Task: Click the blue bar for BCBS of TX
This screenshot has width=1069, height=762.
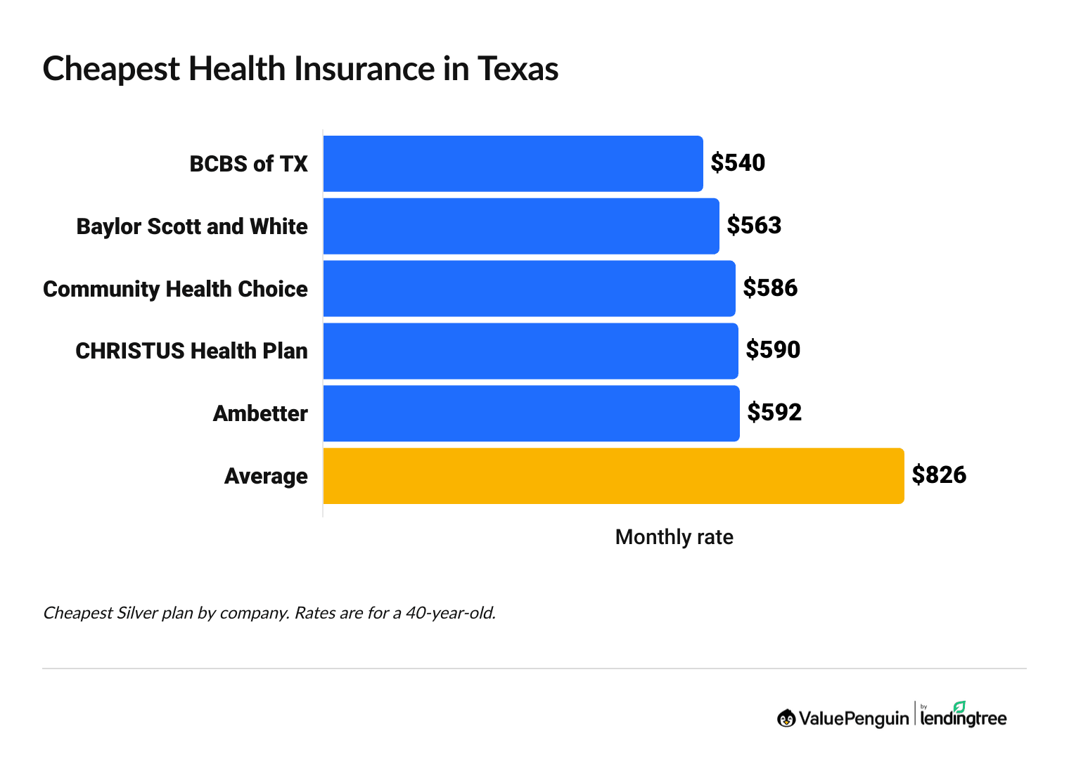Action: click(513, 164)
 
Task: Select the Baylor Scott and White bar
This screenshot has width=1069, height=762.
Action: click(521, 226)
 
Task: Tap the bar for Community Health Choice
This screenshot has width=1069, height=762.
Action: click(529, 288)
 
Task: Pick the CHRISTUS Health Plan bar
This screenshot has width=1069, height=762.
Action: click(530, 351)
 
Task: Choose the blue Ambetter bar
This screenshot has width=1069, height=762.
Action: click(531, 413)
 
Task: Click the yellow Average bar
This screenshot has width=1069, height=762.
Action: click(613, 476)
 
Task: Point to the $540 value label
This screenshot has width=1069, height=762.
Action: click(738, 163)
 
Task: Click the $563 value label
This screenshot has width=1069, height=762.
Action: click(754, 226)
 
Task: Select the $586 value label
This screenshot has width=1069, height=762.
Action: click(770, 288)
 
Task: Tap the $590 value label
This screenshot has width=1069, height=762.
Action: click(773, 350)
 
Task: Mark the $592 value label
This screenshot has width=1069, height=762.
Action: click(774, 413)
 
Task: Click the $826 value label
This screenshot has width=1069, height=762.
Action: click(939, 475)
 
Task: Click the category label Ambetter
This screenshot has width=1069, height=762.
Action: click(260, 413)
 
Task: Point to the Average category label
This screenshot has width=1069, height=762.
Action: click(266, 477)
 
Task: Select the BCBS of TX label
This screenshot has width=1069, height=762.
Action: click(248, 164)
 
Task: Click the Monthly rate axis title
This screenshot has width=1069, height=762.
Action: click(674, 537)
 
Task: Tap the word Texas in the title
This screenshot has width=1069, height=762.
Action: click(518, 69)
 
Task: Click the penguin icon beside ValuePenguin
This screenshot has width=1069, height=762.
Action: click(786, 718)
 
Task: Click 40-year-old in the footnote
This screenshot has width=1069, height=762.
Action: click(450, 613)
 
